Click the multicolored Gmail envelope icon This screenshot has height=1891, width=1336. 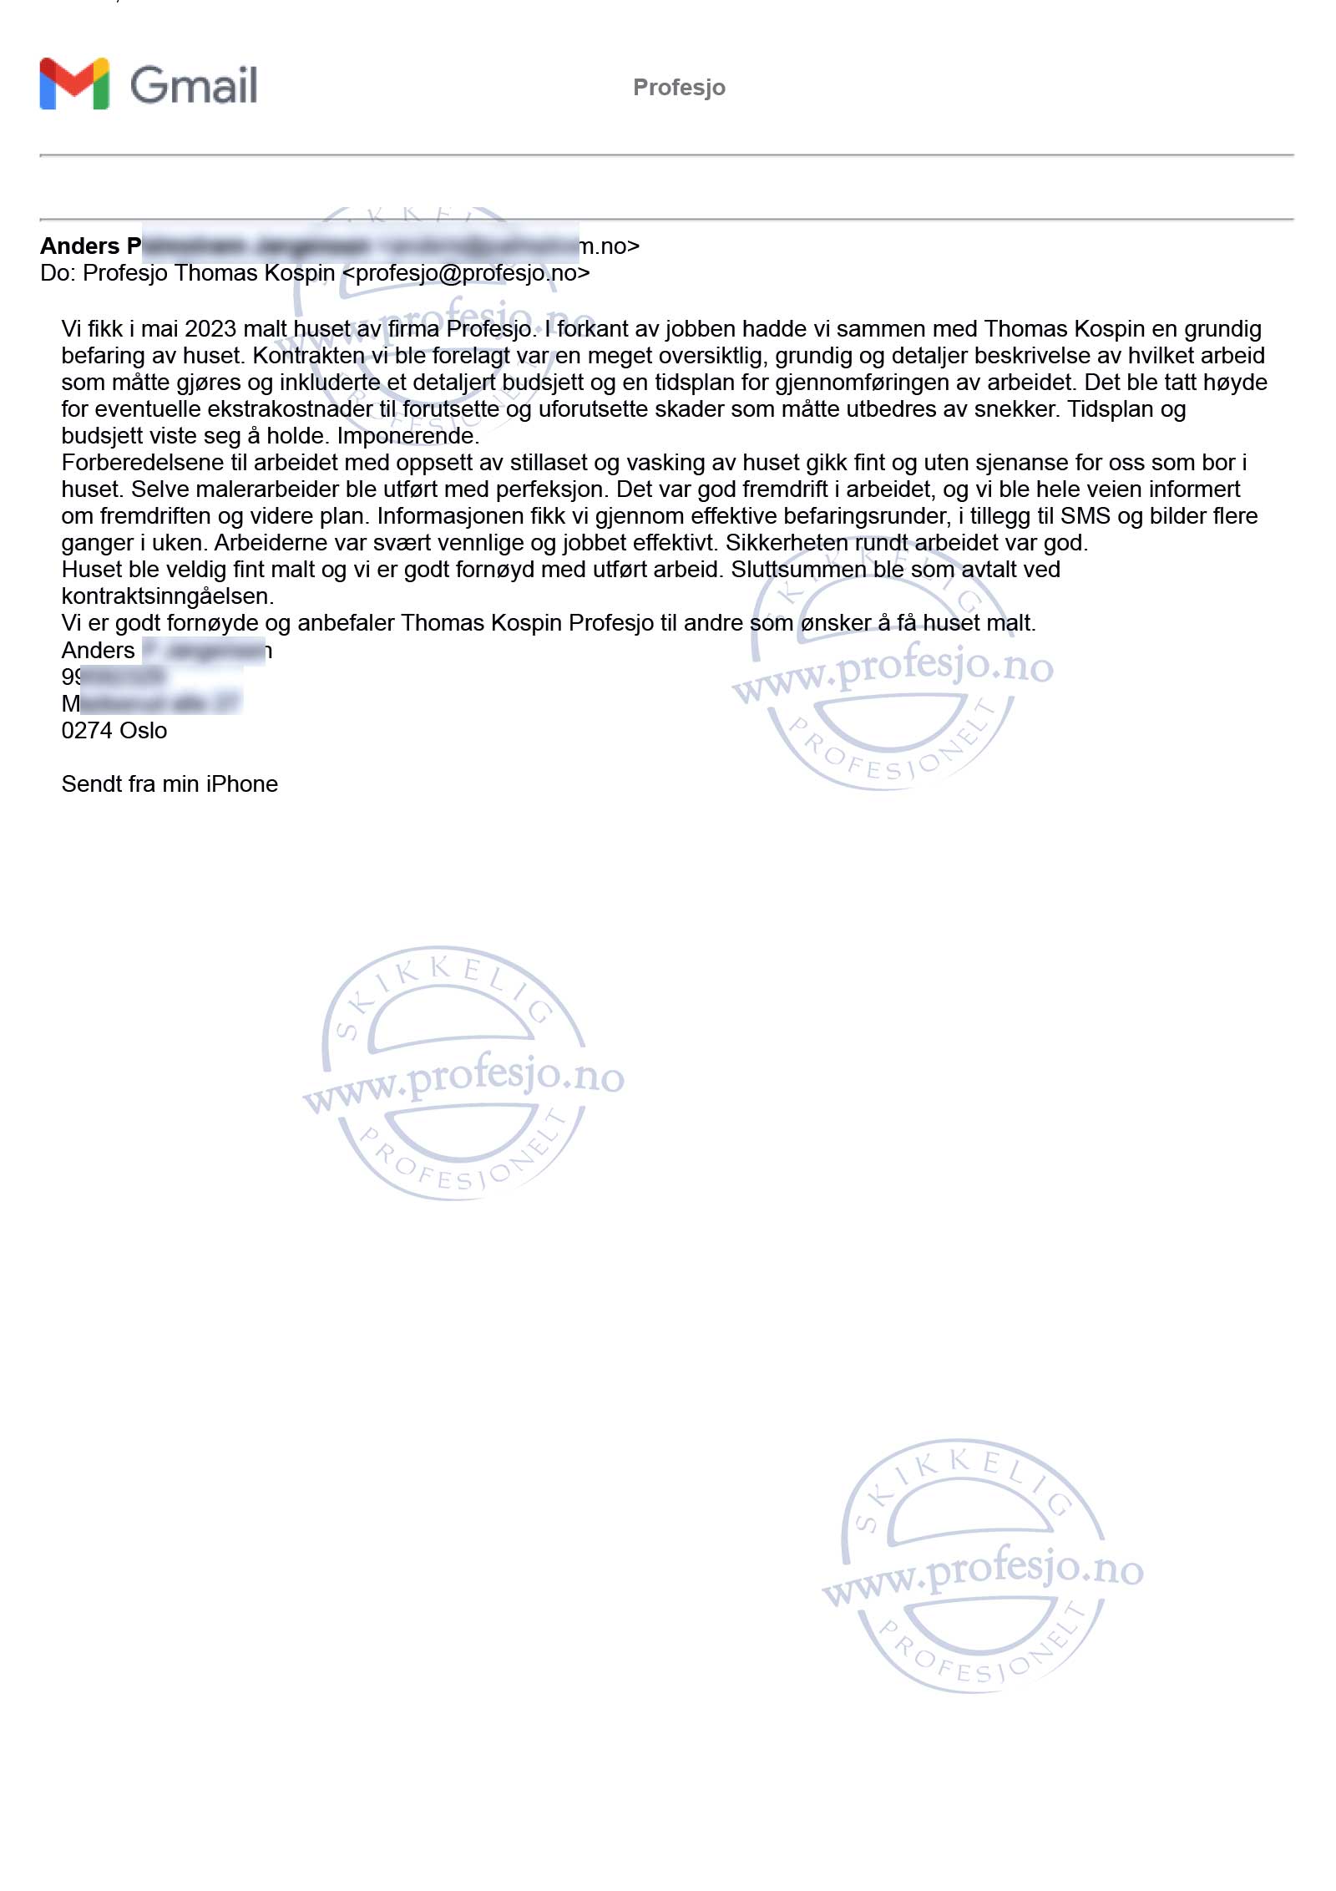pos(74,84)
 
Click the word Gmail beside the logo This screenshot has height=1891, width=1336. pos(194,85)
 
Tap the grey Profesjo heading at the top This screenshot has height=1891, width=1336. pos(679,87)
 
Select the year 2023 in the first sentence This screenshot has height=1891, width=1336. pos(210,329)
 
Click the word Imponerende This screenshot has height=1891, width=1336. pos(407,436)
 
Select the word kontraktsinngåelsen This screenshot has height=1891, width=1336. pos(167,596)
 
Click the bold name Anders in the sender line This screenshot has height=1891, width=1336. pos(80,246)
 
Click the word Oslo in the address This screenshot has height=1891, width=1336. pos(144,731)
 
